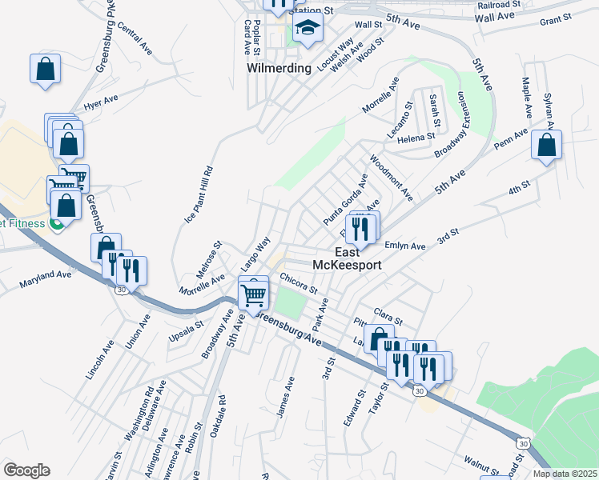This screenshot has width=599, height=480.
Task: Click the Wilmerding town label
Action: point(278,68)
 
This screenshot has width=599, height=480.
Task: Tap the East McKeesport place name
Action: point(346,257)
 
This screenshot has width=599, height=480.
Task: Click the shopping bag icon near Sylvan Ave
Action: point(546,146)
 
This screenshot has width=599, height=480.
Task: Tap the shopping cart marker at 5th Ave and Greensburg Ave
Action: point(254,294)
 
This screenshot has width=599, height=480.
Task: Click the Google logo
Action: point(26,470)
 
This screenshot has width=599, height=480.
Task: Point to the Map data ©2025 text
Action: point(565,474)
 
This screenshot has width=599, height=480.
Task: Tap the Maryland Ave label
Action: point(46,277)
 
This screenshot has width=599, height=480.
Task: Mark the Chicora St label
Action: point(299,282)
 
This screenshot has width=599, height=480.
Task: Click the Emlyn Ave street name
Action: point(404,246)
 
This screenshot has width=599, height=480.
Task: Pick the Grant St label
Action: point(556,18)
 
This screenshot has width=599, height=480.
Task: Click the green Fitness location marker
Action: point(57,223)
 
